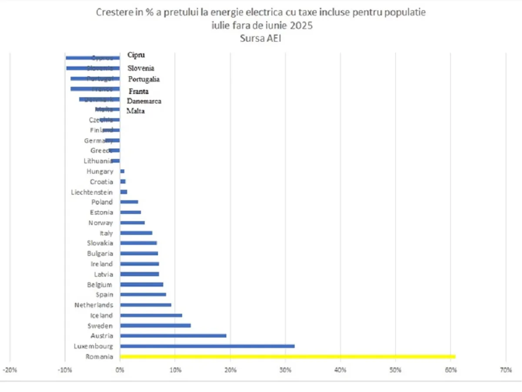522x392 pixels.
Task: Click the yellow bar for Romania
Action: (287, 357)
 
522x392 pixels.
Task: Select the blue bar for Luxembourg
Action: (207, 346)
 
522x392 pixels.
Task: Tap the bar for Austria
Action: (173, 336)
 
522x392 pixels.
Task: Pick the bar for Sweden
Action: (155, 325)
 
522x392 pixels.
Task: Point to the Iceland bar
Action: (151, 315)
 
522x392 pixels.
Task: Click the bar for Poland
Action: (129, 202)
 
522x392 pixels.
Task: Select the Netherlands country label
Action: (94, 305)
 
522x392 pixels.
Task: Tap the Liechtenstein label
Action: (92, 192)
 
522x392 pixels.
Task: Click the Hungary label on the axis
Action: (100, 172)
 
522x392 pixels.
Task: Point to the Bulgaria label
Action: (100, 253)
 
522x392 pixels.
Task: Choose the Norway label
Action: (100, 223)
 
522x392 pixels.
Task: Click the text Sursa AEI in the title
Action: (261, 38)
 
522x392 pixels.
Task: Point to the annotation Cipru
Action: (136, 55)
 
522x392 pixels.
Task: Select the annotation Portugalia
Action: (144, 79)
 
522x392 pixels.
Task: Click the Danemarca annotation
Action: (144, 101)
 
